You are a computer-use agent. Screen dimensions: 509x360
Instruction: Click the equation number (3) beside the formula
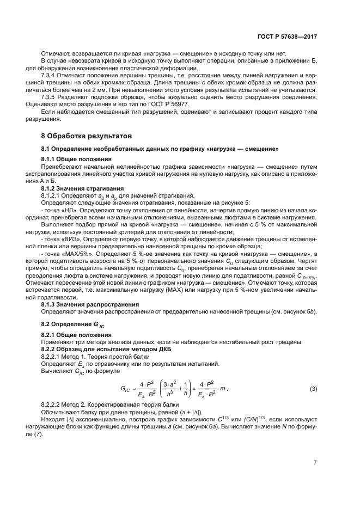313,389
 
